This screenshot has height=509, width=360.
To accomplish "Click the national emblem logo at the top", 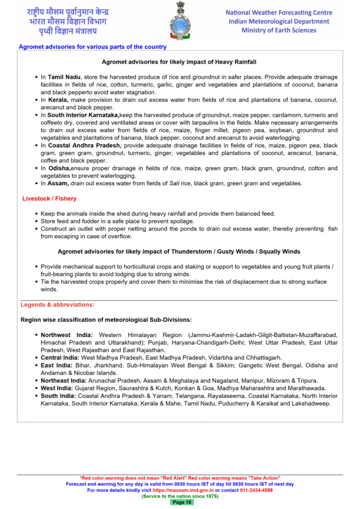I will (x=180, y=20).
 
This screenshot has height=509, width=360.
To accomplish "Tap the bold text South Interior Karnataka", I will (x=84, y=115).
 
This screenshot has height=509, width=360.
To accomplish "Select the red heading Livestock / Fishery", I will (x=49, y=199).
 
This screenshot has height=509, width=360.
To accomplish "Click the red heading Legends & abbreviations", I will (x=57, y=305).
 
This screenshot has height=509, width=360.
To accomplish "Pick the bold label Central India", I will (x=60, y=357).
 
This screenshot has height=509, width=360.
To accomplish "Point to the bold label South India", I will (x=58, y=396).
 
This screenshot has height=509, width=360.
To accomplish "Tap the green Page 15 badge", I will (x=181, y=502).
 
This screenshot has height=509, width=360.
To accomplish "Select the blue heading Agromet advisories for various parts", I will (x=92, y=47).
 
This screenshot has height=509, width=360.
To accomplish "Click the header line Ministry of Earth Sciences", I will (x=278, y=30).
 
